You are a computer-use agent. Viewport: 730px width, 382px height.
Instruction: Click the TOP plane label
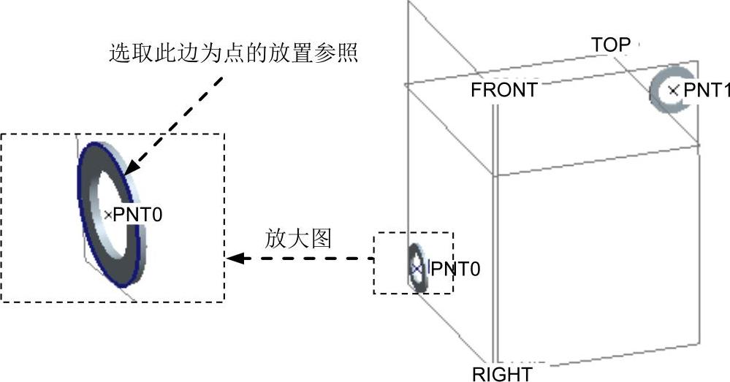610,45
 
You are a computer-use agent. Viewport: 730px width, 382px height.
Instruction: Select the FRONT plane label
504,90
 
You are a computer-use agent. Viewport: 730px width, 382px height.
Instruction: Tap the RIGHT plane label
502,374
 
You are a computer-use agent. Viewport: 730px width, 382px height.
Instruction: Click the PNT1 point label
706,91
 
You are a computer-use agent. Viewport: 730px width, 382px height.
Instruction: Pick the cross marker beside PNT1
673,91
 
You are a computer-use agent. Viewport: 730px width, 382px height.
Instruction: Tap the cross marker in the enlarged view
108,214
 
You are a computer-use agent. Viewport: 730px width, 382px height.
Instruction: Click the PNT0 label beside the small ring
455,270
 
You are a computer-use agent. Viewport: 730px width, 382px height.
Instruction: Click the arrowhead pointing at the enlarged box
233,258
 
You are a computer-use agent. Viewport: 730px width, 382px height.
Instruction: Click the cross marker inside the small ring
417,269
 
